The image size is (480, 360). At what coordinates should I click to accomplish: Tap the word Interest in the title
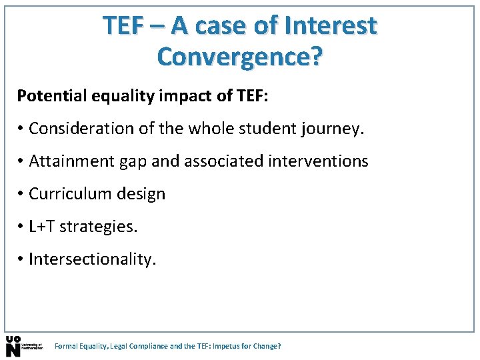point(330,25)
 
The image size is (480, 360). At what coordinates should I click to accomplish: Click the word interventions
point(318,161)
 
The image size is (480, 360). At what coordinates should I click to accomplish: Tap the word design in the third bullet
point(141,194)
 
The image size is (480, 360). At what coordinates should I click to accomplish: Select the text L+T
point(42,227)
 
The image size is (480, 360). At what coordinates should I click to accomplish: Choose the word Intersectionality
point(92,259)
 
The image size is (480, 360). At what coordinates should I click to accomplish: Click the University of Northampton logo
point(23,346)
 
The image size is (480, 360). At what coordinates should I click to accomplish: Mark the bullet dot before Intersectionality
point(21,259)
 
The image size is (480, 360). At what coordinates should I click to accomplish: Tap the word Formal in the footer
point(65,347)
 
